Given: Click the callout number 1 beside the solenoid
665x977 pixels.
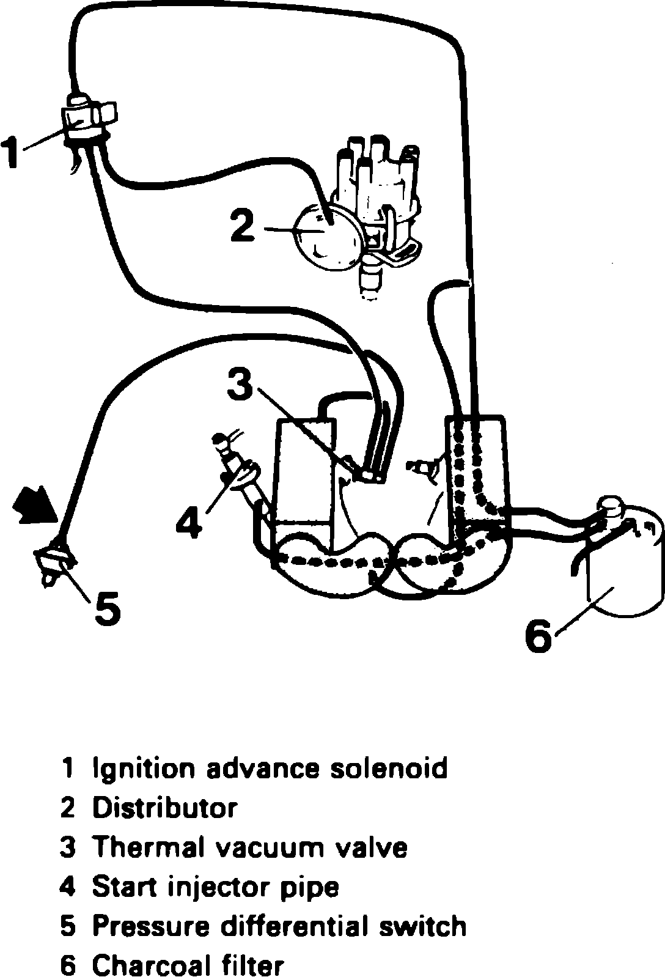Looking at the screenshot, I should [13, 152].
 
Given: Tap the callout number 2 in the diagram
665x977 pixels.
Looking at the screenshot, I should [243, 224].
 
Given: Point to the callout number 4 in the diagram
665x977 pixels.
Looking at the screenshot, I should [189, 521].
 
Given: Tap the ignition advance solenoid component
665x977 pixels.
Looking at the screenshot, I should [85, 118].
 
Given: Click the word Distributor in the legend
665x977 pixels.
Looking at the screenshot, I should [164, 808].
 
